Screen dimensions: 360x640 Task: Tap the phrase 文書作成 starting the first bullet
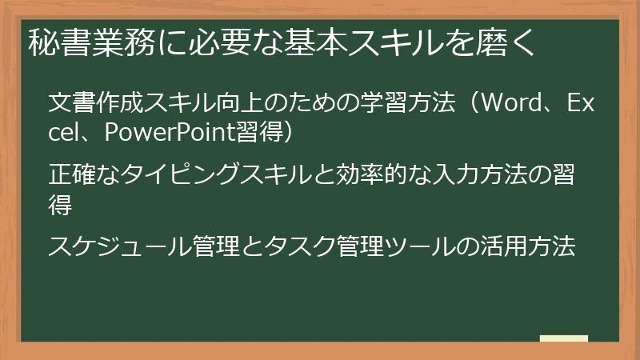pos(86,105)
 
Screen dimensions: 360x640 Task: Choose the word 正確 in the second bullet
pos(68,174)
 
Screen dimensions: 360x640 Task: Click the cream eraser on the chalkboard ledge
pos(563,338)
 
